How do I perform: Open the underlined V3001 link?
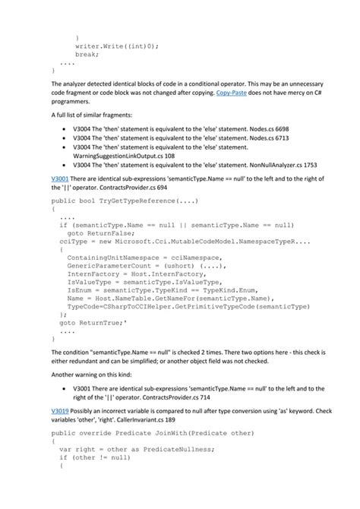click(62, 178)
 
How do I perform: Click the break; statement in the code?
click(87, 55)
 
